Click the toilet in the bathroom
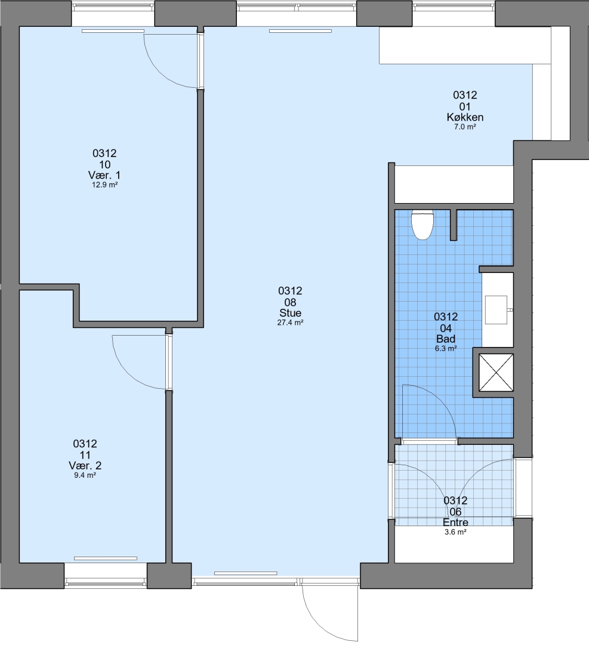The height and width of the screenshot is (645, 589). pyautogui.click(x=423, y=225)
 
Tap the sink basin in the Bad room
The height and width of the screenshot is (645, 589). pyautogui.click(x=497, y=309)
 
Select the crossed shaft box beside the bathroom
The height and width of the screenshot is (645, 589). pyautogui.click(x=497, y=372)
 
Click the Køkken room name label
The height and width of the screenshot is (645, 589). pyautogui.click(x=465, y=117)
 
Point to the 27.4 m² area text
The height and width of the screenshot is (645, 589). pyautogui.click(x=290, y=322)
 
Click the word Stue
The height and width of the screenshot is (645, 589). pyautogui.click(x=290, y=312)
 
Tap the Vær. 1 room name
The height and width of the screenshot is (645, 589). pyautogui.click(x=104, y=175)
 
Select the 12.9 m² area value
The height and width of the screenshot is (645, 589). pyautogui.click(x=104, y=185)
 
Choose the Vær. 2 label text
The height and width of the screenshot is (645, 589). pyautogui.click(x=85, y=466)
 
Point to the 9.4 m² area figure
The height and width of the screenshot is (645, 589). pyautogui.click(x=85, y=475)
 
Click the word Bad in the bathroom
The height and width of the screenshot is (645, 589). pyautogui.click(x=446, y=339)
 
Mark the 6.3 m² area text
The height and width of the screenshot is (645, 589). pyautogui.click(x=446, y=349)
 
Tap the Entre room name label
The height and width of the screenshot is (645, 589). pyautogui.click(x=455, y=523)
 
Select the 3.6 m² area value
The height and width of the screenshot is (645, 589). pyautogui.click(x=455, y=532)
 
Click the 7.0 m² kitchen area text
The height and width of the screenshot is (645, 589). pyautogui.click(x=465, y=127)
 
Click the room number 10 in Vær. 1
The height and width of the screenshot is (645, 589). pyautogui.click(x=104, y=165)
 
